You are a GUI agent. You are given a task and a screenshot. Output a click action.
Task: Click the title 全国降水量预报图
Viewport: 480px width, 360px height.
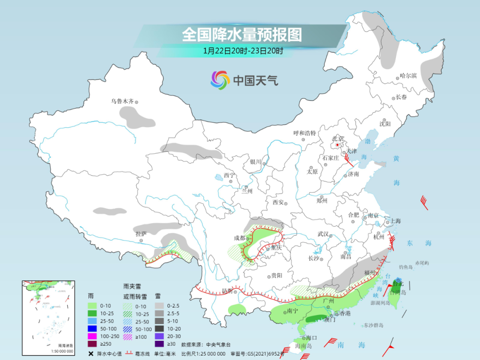click(x=242, y=35)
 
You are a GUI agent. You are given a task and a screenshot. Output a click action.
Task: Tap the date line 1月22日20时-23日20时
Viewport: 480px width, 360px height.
click(x=243, y=51)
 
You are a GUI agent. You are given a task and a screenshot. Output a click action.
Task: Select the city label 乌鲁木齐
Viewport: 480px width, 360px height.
click(x=122, y=101)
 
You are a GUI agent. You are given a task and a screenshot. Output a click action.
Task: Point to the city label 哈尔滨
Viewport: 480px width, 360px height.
click(x=408, y=76)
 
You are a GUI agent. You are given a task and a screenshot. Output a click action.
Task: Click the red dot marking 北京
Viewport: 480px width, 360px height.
click(x=337, y=145)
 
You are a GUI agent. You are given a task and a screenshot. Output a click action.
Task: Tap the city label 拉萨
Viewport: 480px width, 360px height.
click(x=141, y=233)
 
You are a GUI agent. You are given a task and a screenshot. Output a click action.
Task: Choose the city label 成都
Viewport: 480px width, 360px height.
click(x=240, y=238)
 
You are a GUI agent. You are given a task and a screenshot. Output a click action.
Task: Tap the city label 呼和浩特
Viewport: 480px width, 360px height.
click(x=304, y=133)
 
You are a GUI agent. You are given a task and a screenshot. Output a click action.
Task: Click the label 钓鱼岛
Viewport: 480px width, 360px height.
click(x=406, y=267)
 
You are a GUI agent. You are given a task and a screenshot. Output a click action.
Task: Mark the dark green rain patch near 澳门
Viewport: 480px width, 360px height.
click(x=316, y=318)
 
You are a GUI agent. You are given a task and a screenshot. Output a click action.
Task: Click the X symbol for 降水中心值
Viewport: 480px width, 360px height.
click(x=91, y=354)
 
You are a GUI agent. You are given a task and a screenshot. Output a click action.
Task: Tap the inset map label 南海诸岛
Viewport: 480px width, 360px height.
click(x=66, y=345)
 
